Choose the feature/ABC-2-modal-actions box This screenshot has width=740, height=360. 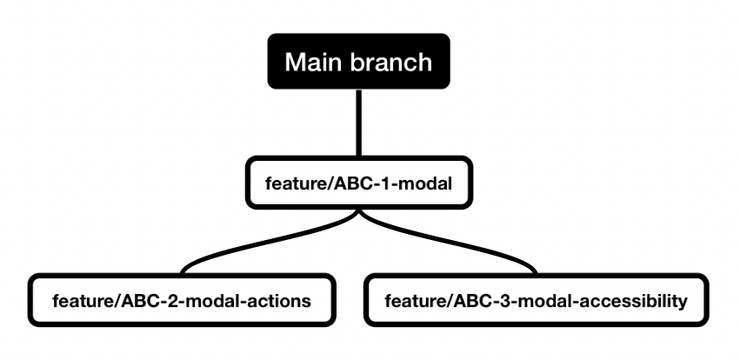coord(181,302)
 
